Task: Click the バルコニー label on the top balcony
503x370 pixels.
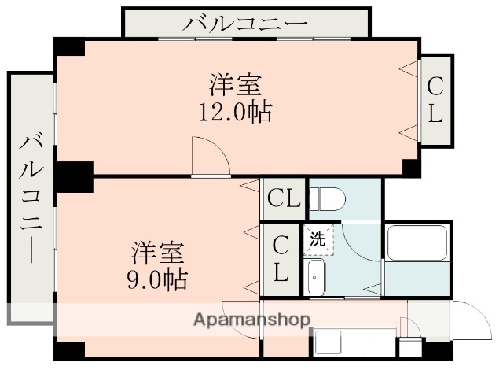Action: click(x=246, y=23)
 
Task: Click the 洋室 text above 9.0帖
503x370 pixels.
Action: click(x=157, y=253)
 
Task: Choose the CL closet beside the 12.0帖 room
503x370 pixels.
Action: click(x=435, y=99)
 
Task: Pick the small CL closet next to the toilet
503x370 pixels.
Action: click(x=283, y=198)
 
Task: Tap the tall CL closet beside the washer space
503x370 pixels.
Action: click(x=281, y=259)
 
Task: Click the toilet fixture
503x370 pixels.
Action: click(x=325, y=200)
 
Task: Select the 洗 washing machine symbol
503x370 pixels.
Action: click(x=318, y=239)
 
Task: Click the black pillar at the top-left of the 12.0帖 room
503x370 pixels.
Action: click(x=69, y=46)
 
